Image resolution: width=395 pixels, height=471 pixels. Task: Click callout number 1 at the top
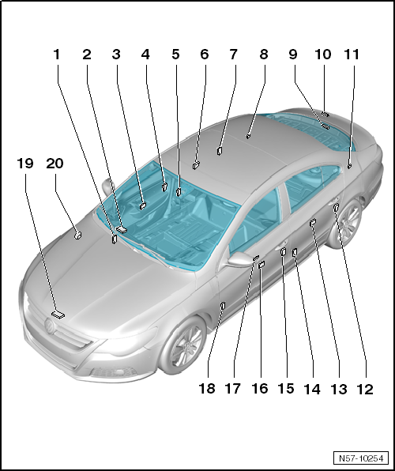tap(57, 55)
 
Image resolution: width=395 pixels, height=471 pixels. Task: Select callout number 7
tap(233, 55)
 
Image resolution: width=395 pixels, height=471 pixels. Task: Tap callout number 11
tap(351, 55)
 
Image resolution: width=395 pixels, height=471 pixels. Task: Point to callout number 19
tap(25, 164)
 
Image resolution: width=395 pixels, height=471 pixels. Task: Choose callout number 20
tap(55, 164)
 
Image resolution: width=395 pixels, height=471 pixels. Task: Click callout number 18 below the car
tap(207, 388)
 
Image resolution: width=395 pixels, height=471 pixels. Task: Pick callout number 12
tap(365, 390)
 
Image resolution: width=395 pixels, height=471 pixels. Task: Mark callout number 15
tap(286, 388)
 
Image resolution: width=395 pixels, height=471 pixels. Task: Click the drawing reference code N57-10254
tap(361, 458)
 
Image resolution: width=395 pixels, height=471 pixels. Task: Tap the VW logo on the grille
tap(50, 326)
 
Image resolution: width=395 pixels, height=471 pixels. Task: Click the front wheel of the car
tap(184, 345)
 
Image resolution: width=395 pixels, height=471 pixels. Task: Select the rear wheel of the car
tap(345, 223)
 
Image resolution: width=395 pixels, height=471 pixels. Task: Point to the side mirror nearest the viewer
tap(239, 259)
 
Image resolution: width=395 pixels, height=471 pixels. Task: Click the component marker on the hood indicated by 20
tap(77, 236)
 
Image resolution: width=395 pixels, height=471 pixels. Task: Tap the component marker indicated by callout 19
tap(58, 315)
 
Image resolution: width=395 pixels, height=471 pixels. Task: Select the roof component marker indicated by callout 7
tap(220, 150)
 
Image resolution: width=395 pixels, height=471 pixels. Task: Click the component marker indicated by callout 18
tap(223, 305)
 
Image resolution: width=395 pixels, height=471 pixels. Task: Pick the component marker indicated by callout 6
tap(197, 165)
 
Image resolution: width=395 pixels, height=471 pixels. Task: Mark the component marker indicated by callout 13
tap(313, 222)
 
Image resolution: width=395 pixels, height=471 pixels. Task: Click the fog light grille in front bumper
tap(114, 372)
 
